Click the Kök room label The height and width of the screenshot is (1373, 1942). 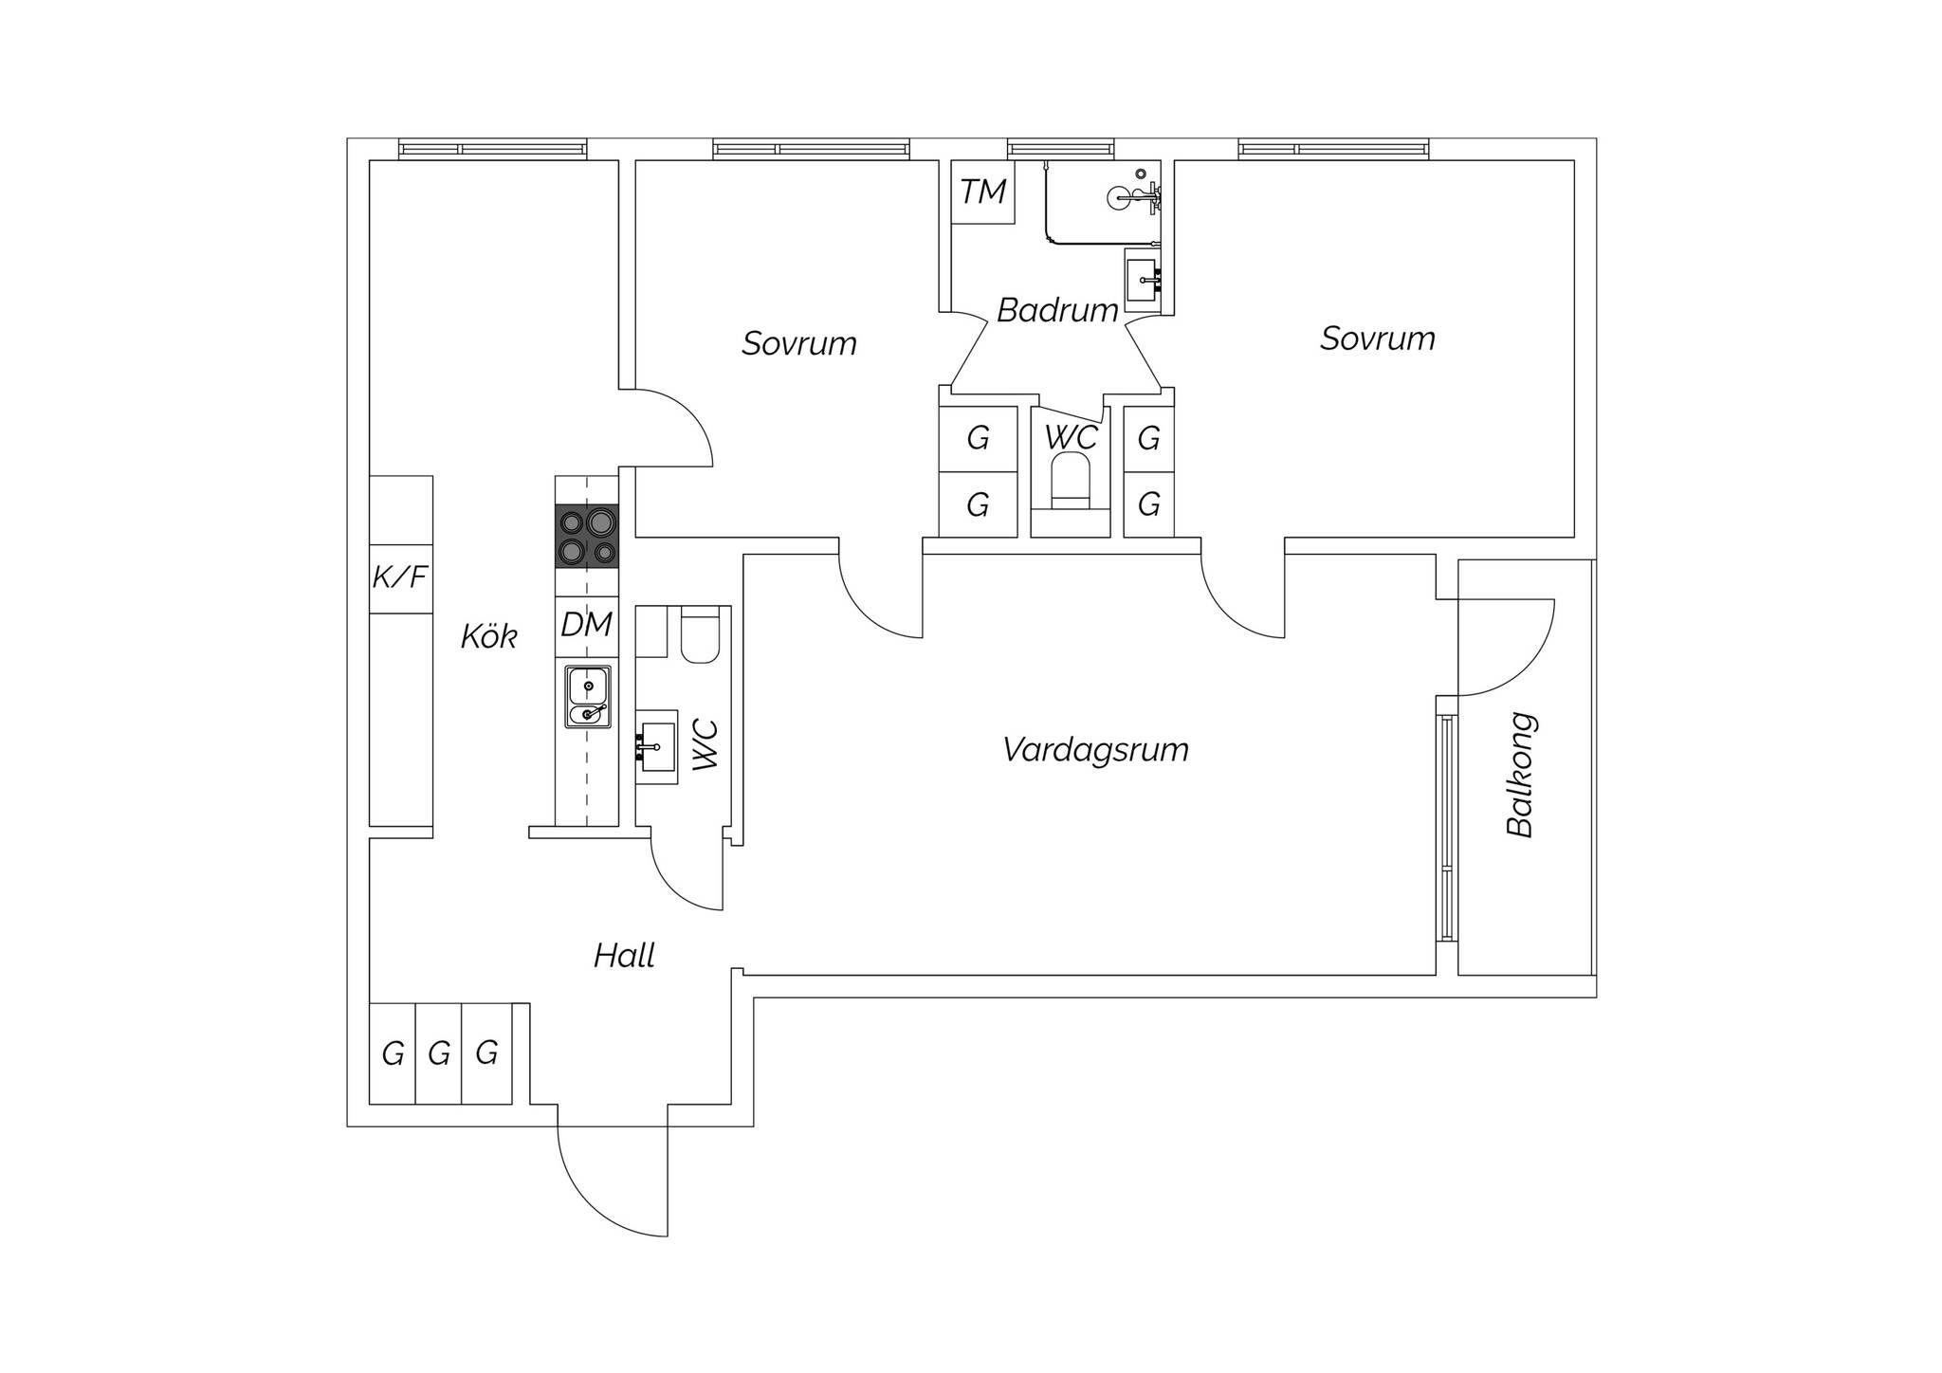pos(489,636)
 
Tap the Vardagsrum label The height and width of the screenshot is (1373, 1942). pos(1095,750)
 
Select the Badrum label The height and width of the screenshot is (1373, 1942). pos(1057,310)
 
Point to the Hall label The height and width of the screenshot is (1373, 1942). pos(625,956)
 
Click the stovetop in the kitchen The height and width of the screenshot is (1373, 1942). pos(587,537)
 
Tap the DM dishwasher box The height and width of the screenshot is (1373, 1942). pos(587,626)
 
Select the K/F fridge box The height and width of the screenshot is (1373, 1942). pos(401,578)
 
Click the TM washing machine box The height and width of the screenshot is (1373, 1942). pos(983,192)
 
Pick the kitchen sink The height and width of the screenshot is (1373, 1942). pos(588,697)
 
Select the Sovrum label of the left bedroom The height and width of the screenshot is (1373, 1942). pos(799,343)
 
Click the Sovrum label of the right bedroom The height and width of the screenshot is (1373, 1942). pos(1378,339)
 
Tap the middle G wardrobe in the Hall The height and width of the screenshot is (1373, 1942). pos(439,1053)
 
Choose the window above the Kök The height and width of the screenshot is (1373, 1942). pos(492,150)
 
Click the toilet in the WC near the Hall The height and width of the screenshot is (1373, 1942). pos(702,633)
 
